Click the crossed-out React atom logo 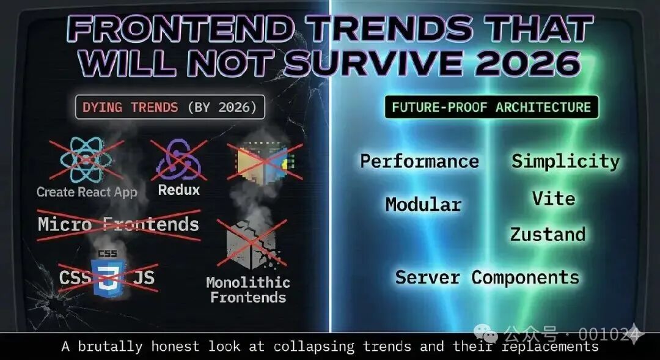[x=86, y=160]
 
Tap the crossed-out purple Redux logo [x=178, y=160]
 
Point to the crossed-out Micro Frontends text [x=119, y=224]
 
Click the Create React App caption [x=87, y=192]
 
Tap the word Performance [x=419, y=161]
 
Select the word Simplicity [x=565, y=161]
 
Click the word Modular [x=423, y=204]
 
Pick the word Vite [x=553, y=199]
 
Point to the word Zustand [x=548, y=234]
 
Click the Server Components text [x=487, y=277]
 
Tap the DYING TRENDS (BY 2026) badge [x=170, y=108]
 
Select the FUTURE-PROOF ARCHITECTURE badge [x=491, y=108]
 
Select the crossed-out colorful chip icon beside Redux [x=265, y=161]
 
